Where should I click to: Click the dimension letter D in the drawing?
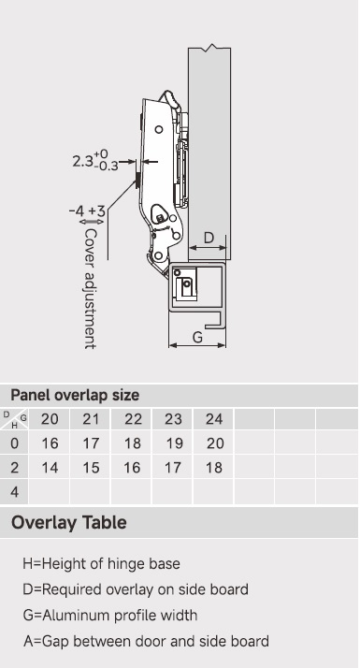[x=209, y=238]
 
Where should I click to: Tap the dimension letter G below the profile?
[x=197, y=338]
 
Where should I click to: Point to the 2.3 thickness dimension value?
[x=82, y=162]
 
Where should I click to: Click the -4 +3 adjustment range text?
[x=87, y=211]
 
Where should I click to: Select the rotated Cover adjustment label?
[x=90, y=289]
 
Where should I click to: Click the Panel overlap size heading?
[x=75, y=396]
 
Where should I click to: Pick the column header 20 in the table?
[x=50, y=419]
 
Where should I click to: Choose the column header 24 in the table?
[x=214, y=419]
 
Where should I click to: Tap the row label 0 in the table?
[x=14, y=443]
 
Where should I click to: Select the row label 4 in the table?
[x=14, y=492]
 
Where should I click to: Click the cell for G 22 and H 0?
[x=132, y=443]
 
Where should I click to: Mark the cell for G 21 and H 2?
[x=91, y=468]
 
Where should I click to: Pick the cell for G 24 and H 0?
[x=215, y=443]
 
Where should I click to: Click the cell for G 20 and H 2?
[x=50, y=468]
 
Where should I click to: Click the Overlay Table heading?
[x=69, y=522]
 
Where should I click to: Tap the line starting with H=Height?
[x=101, y=563]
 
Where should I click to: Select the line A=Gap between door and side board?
[x=146, y=641]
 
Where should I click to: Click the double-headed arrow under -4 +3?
[x=92, y=222]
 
